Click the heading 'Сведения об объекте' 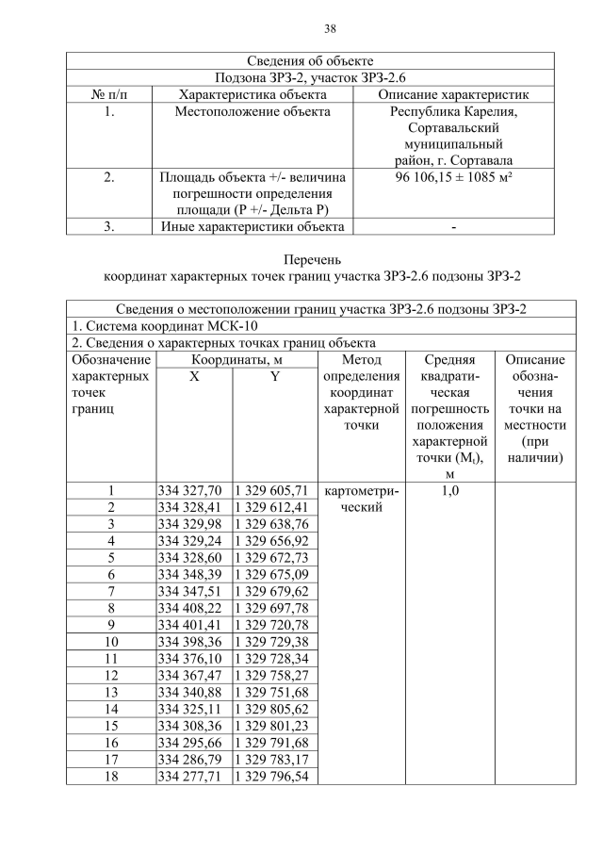pyautogui.click(x=310, y=61)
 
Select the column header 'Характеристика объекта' pyautogui.click(x=253, y=94)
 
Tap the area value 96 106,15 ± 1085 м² pyautogui.click(x=453, y=176)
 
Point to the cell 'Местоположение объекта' pyautogui.click(x=253, y=112)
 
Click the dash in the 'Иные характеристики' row pyautogui.click(x=453, y=226)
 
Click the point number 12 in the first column pyautogui.click(x=111, y=675)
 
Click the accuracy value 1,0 pyautogui.click(x=449, y=491)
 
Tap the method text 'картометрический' pyautogui.click(x=361, y=499)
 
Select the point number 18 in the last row pyautogui.click(x=111, y=776)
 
